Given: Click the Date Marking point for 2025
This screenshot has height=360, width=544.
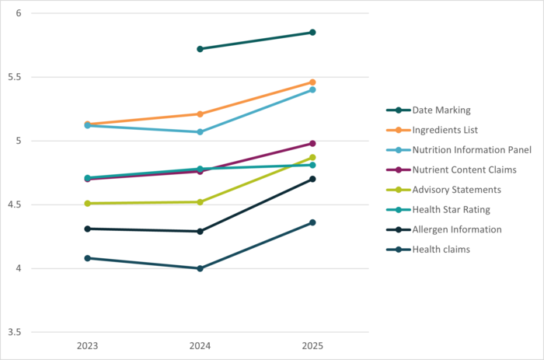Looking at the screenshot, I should coord(312,32).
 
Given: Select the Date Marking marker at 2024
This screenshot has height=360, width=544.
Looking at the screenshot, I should coord(200,49).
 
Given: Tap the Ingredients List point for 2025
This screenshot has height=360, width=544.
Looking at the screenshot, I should coord(312,82).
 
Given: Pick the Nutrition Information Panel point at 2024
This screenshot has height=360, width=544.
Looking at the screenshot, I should coord(200,132).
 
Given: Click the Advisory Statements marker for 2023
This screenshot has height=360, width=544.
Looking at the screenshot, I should coord(87,204).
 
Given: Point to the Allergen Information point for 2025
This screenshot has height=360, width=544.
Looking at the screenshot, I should coord(312,179).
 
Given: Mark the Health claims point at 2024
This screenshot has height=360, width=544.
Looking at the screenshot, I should coord(200,268).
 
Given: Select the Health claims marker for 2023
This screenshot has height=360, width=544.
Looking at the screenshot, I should coord(87,258).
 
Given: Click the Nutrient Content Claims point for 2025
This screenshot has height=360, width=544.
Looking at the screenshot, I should coord(312,143).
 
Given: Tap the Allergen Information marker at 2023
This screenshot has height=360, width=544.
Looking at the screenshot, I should coord(87,229).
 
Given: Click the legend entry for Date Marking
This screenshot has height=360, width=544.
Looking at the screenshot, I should coord(441,110).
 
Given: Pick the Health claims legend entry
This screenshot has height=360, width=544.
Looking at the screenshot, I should coord(442,249).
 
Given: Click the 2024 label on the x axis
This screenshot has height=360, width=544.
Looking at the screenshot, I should coord(200,344).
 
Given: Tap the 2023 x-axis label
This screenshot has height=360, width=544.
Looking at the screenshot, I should coord(87,344).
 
